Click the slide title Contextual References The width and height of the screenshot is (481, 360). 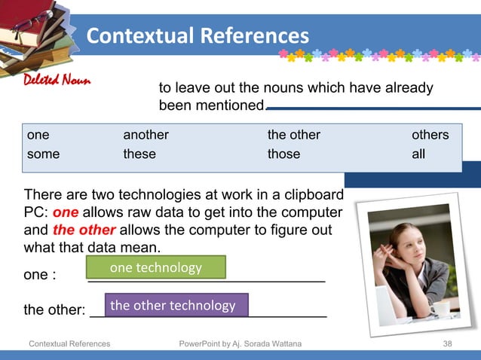(198, 35)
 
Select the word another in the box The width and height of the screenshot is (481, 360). (146, 135)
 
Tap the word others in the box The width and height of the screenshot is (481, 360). (430, 135)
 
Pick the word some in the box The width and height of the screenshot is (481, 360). (43, 154)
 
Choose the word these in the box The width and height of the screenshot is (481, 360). (139, 154)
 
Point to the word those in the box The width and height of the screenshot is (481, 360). (283, 154)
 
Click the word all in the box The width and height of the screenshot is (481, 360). (418, 154)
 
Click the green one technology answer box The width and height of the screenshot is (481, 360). (156, 267)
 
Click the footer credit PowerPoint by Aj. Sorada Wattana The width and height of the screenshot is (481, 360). (240, 344)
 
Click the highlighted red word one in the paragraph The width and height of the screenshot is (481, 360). (66, 212)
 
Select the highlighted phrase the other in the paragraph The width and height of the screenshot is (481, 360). (84, 230)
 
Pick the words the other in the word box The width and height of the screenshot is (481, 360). (294, 135)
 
